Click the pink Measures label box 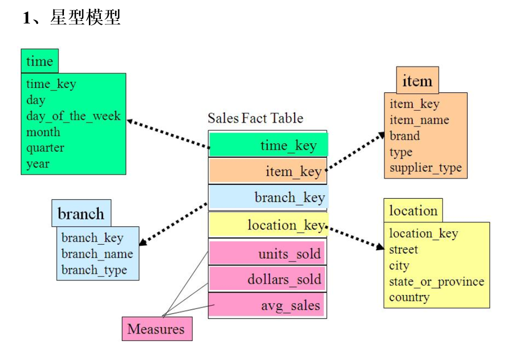[157, 329]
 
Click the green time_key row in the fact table [268, 145]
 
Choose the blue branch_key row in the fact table [268, 197]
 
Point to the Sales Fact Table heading [255, 118]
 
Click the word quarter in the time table [45, 148]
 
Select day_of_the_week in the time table [73, 116]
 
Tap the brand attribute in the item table [405, 136]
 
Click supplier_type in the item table [426, 168]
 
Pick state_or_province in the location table [437, 282]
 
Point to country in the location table [409, 298]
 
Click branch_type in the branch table [94, 270]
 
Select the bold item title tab [417, 81]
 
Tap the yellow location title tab [413, 211]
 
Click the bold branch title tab [81, 214]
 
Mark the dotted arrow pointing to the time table [167, 134]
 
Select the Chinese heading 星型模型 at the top [85, 18]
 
